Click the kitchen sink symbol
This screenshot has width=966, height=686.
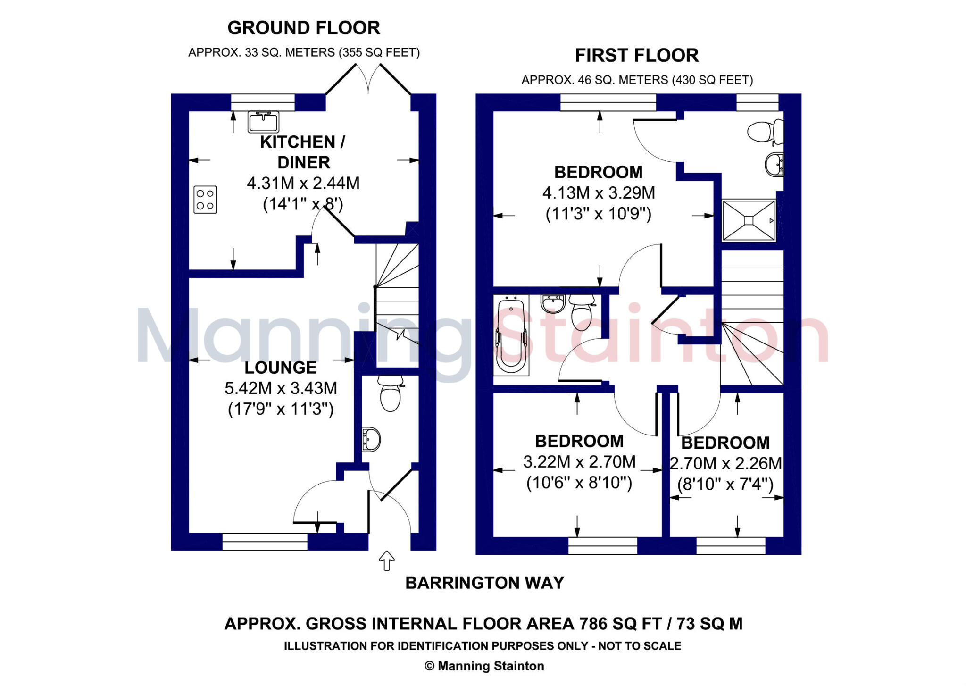click(x=263, y=122)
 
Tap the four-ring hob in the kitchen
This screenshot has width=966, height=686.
click(x=205, y=200)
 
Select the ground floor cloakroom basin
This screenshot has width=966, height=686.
click(x=371, y=440)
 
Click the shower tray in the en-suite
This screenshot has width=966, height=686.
click(x=749, y=220)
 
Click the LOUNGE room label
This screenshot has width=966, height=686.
click(x=280, y=368)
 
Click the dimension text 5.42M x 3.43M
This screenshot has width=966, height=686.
click(x=281, y=388)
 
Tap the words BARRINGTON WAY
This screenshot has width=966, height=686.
click(x=484, y=583)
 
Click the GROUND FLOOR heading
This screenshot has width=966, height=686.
click(x=304, y=28)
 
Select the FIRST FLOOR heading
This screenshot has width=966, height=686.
click(x=636, y=56)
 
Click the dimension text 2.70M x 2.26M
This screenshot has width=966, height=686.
click(x=726, y=464)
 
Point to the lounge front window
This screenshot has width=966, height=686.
click(x=265, y=542)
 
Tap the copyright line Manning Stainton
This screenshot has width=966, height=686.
click(x=484, y=666)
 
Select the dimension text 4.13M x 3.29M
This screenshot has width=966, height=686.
click(x=599, y=193)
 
